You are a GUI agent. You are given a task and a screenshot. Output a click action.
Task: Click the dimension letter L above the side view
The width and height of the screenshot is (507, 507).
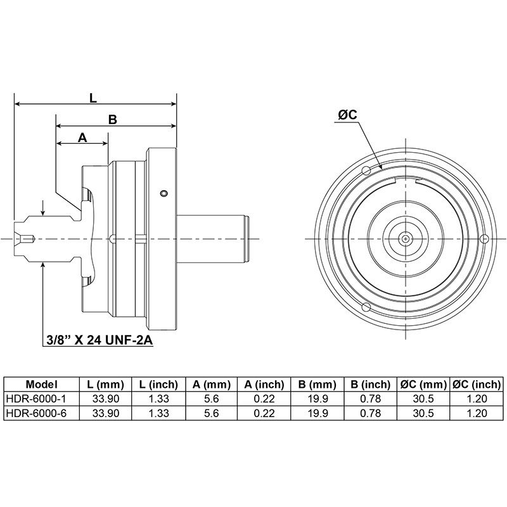click(93, 98)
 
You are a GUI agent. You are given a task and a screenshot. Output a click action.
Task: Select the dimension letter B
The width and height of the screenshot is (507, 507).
click(113, 120)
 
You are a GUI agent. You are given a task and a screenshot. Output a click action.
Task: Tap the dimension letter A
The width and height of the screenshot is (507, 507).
click(83, 138)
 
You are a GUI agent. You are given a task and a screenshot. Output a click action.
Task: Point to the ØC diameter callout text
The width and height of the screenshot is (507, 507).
click(347, 115)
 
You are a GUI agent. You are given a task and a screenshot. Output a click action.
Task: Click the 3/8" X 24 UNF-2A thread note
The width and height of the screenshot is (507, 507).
click(99, 340)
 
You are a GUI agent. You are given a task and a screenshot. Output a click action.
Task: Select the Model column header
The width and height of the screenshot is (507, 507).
click(41, 385)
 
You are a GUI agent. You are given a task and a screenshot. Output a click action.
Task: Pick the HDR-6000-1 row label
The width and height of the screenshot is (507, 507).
click(36, 399)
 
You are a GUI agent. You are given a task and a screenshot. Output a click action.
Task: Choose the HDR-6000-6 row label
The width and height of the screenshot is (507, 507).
click(36, 413)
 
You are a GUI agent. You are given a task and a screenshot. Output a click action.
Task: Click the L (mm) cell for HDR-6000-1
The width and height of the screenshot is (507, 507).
click(106, 399)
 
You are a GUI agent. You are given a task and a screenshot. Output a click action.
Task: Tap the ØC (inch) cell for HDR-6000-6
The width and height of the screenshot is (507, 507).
click(477, 413)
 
